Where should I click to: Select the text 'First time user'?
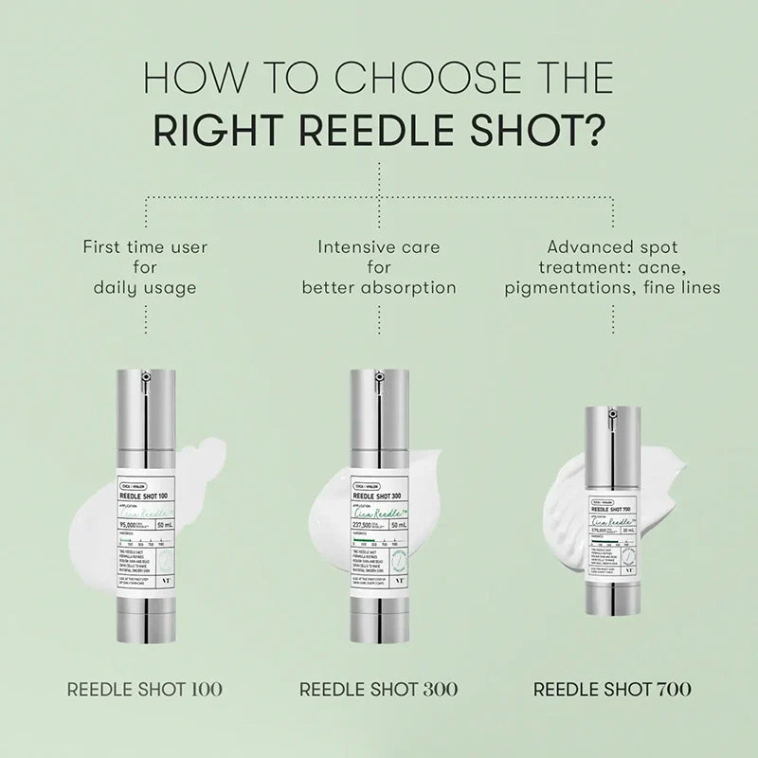coord(145,246)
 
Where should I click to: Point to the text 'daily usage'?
coord(145,286)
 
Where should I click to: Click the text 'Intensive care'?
coord(379,246)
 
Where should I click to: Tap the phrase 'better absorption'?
coord(379,286)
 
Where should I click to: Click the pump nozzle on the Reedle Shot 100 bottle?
coord(145,378)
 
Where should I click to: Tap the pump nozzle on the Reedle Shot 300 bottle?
coord(379,378)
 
